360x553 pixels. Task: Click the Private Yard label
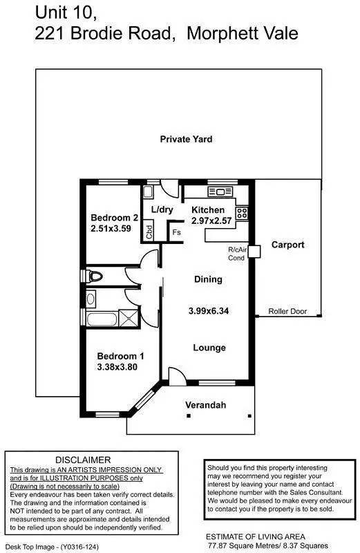point(186,139)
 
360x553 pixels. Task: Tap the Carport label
point(287,245)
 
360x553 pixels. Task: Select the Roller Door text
point(287,312)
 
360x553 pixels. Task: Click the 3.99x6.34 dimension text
point(208,311)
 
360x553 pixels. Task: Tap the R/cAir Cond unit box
point(254,252)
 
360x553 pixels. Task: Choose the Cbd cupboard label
point(149,232)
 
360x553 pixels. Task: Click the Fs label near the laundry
point(176,234)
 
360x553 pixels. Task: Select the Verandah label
point(206,405)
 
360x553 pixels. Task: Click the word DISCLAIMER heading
point(83,459)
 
